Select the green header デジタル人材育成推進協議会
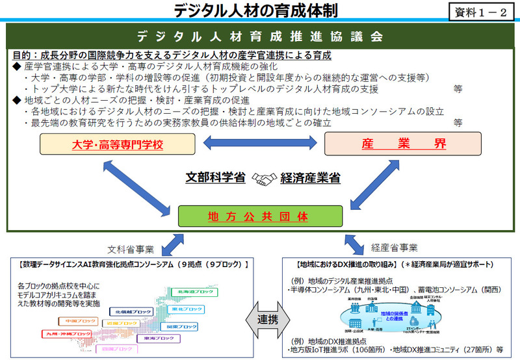[x=259, y=35]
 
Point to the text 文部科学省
[x=216, y=177]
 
